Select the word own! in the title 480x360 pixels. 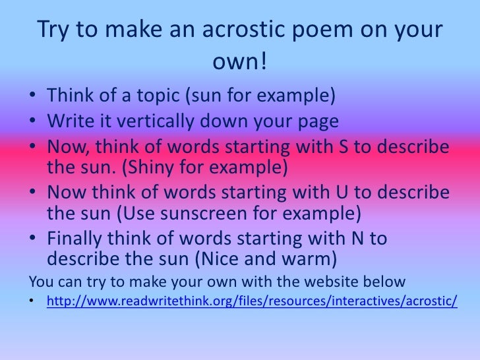click(x=240, y=64)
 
